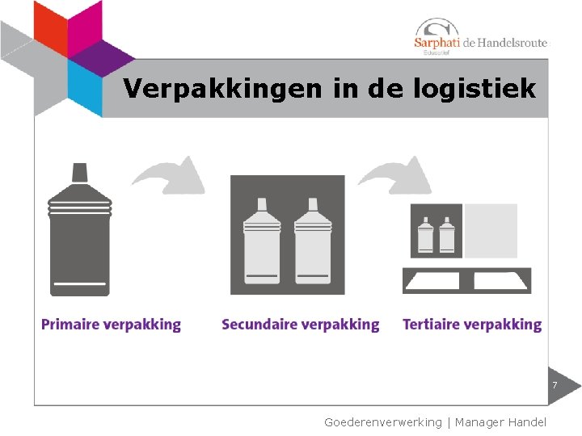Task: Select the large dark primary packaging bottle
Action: [x=79, y=238]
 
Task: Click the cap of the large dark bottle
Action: [x=79, y=172]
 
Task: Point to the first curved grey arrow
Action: [x=170, y=175]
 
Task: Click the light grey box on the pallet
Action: [x=491, y=230]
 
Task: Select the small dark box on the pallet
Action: [x=436, y=230]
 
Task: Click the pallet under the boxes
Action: [x=467, y=281]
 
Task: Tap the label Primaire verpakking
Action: [x=112, y=325]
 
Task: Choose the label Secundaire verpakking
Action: [x=300, y=325]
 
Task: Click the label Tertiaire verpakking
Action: [x=472, y=325]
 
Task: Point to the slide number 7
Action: [x=555, y=385]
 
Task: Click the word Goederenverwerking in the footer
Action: [x=383, y=422]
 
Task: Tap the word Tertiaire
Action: [x=432, y=325]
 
